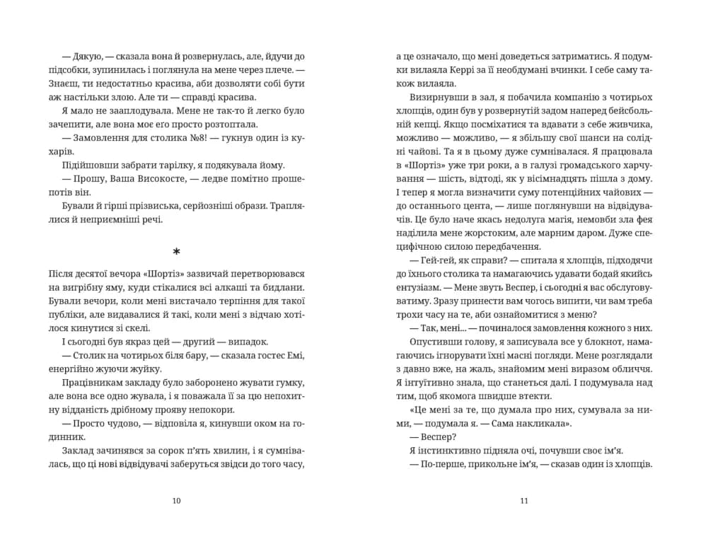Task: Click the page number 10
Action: point(176,502)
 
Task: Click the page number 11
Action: point(524,502)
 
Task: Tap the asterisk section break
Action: point(176,253)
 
